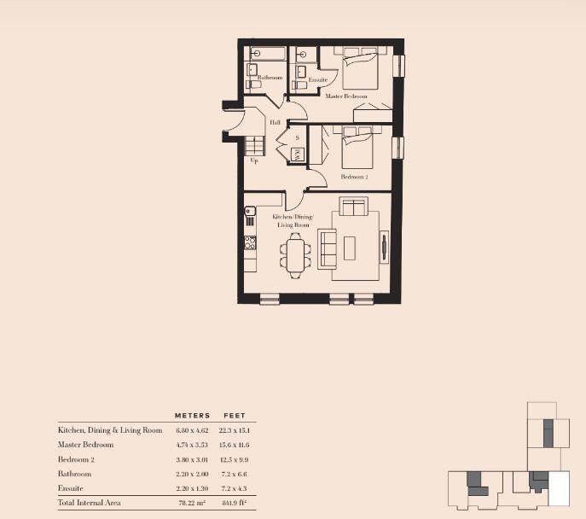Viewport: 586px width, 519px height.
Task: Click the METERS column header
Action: pyautogui.click(x=192, y=416)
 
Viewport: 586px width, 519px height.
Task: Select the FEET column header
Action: pyautogui.click(x=235, y=416)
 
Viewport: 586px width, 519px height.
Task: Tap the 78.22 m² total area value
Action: pyautogui.click(x=192, y=503)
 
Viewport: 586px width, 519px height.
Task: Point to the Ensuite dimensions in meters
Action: pyautogui.click(x=192, y=488)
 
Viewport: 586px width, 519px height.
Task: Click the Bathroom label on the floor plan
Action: pyautogui.click(x=258, y=78)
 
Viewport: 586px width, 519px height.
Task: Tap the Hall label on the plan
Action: pyautogui.click(x=275, y=123)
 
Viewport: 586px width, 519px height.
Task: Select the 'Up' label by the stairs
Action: pyautogui.click(x=253, y=160)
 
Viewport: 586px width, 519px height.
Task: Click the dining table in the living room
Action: pyautogui.click(x=296, y=254)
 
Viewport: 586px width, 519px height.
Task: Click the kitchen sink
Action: pyautogui.click(x=251, y=211)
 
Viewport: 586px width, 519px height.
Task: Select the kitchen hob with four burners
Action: pyautogui.click(x=251, y=243)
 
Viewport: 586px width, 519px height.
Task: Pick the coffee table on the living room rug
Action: pyautogui.click(x=350, y=248)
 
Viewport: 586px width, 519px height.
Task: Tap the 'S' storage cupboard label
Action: pyautogui.click(x=297, y=137)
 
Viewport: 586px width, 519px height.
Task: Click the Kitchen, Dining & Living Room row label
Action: pyautogui.click(x=110, y=430)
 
